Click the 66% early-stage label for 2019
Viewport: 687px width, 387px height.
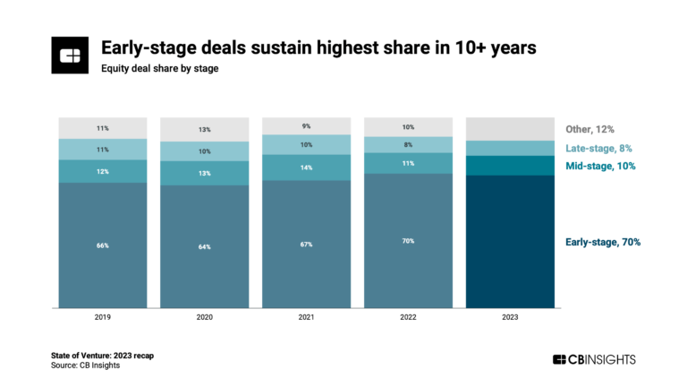point(103,245)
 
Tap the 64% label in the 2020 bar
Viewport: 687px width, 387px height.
point(205,246)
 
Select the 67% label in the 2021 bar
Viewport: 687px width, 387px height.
point(307,245)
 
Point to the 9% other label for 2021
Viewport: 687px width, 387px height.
point(307,125)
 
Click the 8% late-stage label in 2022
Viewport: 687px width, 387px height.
point(409,143)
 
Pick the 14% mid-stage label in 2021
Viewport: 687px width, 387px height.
point(307,167)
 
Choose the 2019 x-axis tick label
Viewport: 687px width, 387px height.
point(103,317)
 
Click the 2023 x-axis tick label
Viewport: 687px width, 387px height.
point(510,317)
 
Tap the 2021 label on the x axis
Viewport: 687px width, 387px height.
point(307,317)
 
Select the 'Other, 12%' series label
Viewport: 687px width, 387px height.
point(590,129)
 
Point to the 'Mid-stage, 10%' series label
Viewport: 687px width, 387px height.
point(600,167)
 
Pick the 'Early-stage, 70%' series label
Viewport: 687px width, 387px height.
point(603,242)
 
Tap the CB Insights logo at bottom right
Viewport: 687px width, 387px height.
point(594,359)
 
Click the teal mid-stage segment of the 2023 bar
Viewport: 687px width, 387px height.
point(510,166)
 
